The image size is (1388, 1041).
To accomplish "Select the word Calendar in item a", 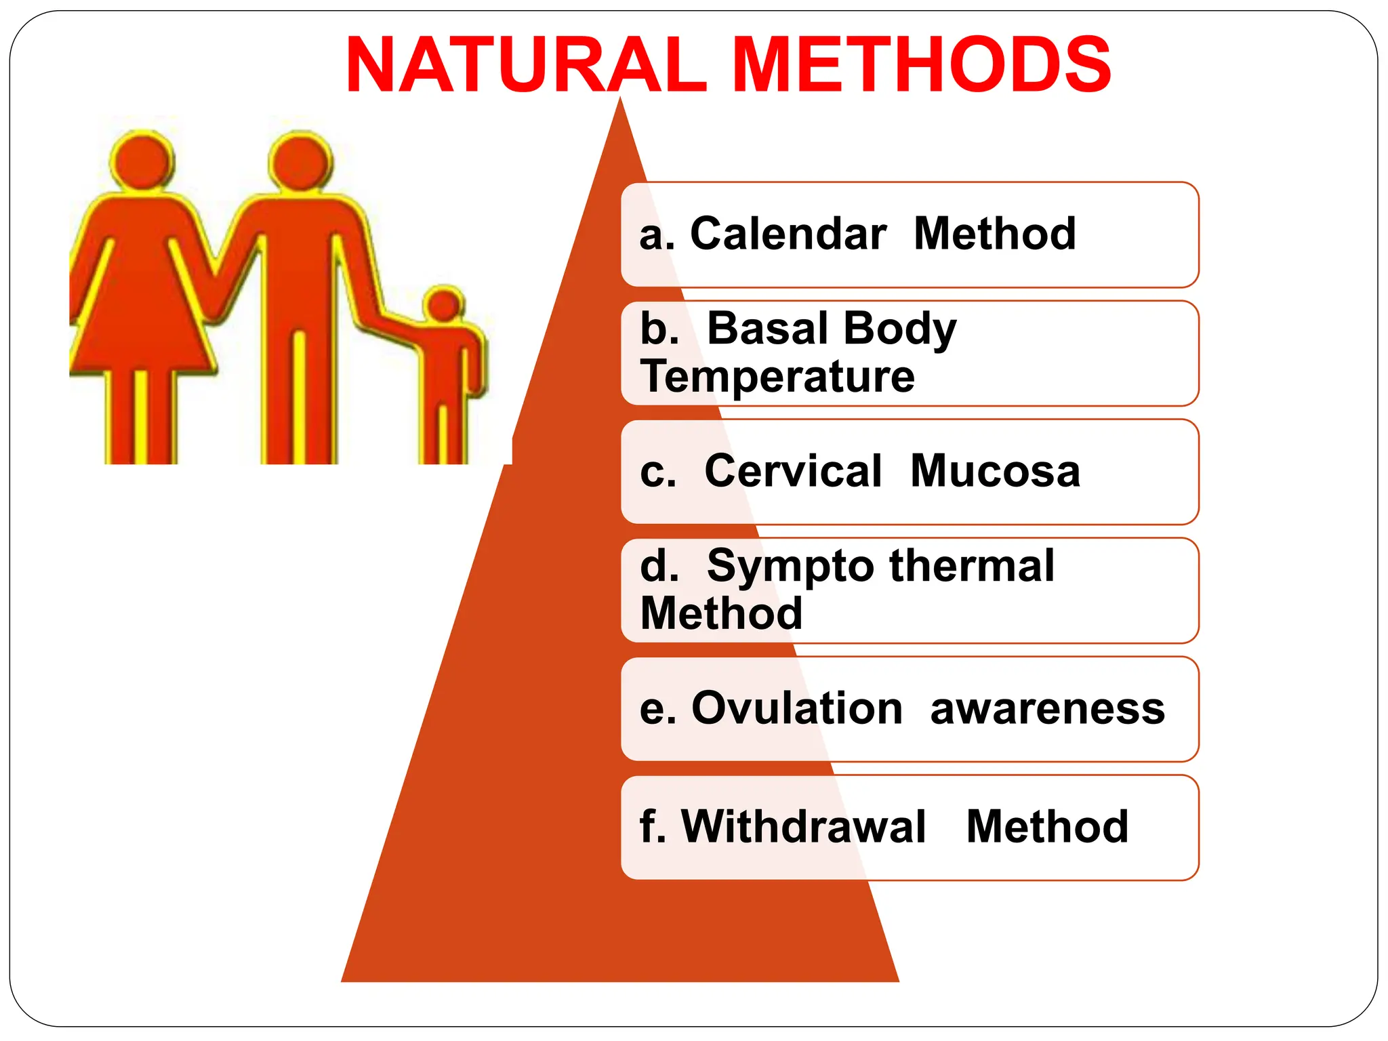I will [x=788, y=234].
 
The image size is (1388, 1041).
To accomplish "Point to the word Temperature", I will [x=777, y=377].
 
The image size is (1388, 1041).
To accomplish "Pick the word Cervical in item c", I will [x=793, y=471].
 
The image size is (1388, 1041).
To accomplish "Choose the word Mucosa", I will [x=995, y=471].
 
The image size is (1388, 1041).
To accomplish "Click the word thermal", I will [x=973, y=565].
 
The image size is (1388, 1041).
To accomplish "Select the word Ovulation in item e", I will [x=797, y=708].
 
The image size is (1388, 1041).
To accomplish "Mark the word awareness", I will [x=1047, y=708].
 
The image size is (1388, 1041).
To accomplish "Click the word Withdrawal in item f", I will [x=804, y=827].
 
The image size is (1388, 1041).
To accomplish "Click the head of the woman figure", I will [x=142, y=160].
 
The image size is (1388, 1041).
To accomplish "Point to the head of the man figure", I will [x=300, y=161].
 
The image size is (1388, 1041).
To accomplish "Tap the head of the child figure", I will [x=445, y=305].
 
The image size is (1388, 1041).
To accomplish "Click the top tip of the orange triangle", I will [x=620, y=100].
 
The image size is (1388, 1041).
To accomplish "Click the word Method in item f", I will [x=1047, y=827].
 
